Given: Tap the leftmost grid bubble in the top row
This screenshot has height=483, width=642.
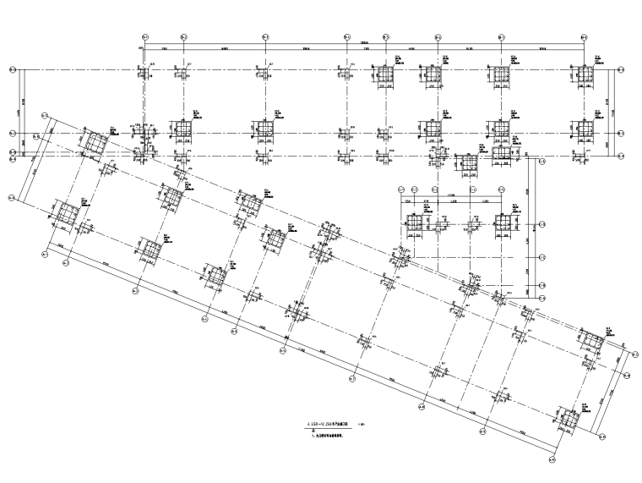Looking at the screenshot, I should (144, 36).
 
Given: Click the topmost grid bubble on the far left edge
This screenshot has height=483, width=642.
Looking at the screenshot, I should (13, 70).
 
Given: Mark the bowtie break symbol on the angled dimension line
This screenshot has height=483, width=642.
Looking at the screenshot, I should (287, 341).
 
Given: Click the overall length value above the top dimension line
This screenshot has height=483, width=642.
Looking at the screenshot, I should (365, 42).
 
